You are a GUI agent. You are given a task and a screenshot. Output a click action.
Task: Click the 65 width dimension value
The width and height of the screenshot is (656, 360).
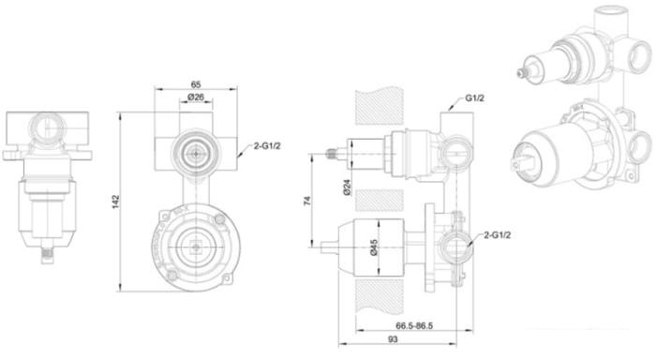click(x=196, y=84)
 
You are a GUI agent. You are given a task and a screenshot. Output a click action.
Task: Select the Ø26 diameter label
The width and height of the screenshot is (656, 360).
click(x=196, y=97)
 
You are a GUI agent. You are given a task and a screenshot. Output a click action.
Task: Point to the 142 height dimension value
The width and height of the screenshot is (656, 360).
click(x=116, y=202)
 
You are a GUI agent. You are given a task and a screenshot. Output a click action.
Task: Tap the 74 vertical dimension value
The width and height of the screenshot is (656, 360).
click(x=308, y=201)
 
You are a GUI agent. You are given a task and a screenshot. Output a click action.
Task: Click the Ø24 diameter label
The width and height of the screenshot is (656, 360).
click(x=347, y=187)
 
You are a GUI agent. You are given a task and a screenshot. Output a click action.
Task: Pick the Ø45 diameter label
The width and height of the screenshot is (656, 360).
click(x=374, y=247)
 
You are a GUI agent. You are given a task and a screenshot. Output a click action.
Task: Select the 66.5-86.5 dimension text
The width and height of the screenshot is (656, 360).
click(x=414, y=325)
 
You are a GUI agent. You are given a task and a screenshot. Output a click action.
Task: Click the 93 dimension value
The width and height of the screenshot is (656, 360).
click(x=393, y=339)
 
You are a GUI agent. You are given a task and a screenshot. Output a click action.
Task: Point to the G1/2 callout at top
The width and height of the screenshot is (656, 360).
click(x=475, y=98)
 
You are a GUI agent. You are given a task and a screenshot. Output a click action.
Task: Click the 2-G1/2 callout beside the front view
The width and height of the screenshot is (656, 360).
click(x=267, y=146)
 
